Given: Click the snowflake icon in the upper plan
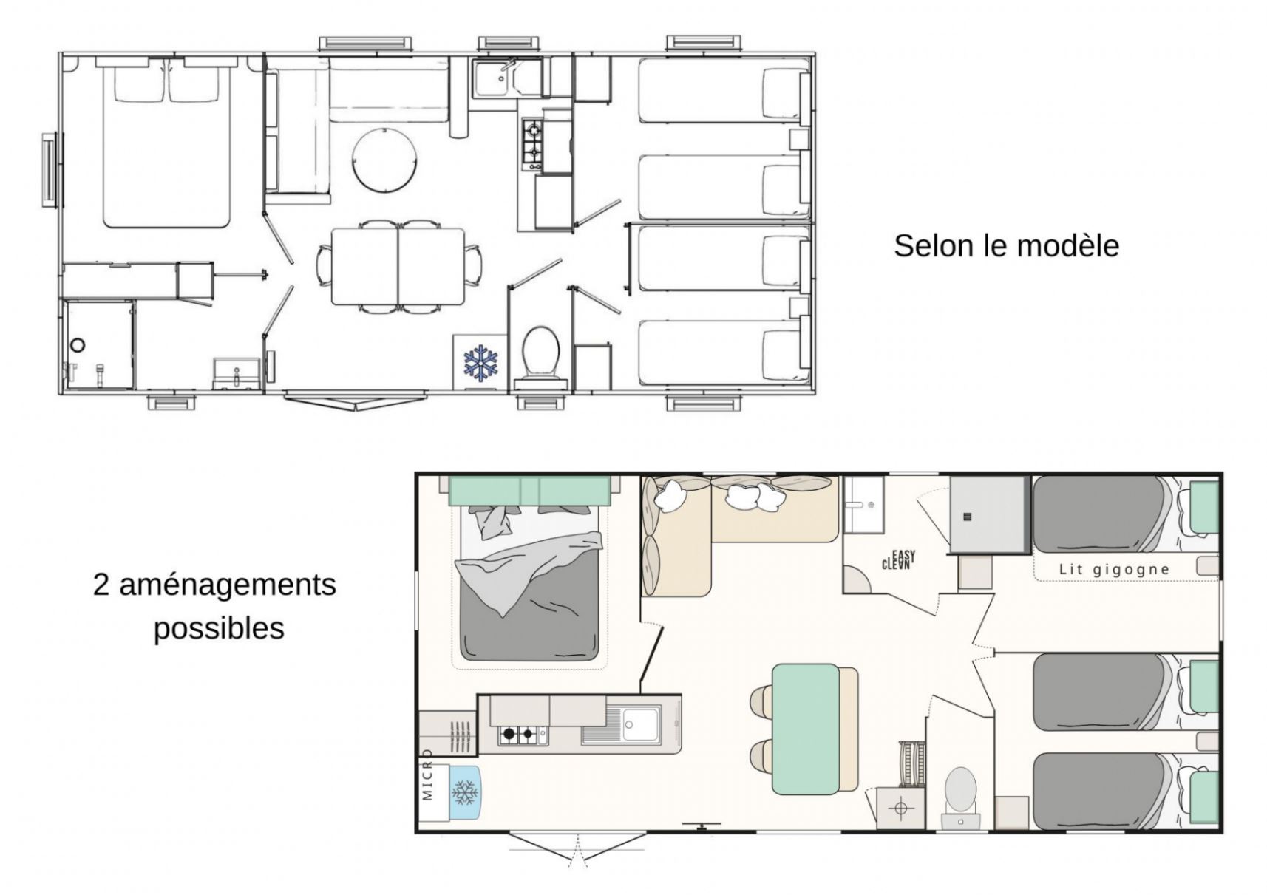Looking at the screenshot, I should coord(480,362).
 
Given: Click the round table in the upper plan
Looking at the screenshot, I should coord(384,159).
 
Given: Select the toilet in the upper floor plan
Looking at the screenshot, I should coord(540,353).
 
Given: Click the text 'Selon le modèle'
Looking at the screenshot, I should coord(1006,245).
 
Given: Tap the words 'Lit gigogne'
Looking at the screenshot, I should coord(1114,569).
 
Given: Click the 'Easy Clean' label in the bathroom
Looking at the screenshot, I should coord(899,559).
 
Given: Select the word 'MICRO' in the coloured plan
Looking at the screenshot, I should coord(427,775).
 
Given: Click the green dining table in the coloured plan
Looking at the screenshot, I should coord(806,729).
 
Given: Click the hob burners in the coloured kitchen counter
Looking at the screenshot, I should coord(518,734).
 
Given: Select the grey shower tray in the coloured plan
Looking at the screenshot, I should coord(988,514).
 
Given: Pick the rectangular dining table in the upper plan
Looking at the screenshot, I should coord(398,266).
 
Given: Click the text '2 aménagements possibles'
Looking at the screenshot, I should coord(215,606).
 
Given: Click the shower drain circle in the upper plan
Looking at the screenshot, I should coord(78,344).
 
